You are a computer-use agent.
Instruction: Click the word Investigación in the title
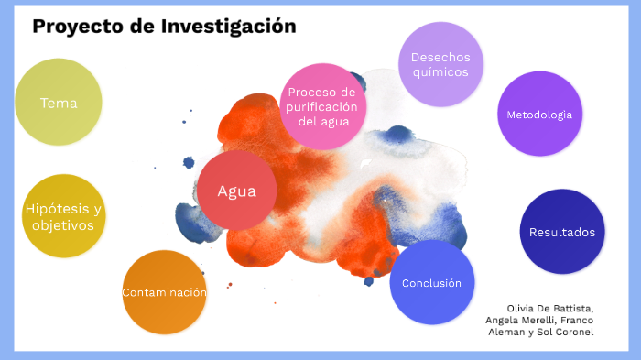point(228,27)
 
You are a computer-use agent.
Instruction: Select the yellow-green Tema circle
point(59,103)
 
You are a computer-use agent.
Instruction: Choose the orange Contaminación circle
point(165,292)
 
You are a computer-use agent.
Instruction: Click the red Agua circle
point(236,191)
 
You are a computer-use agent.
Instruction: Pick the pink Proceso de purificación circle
point(321,107)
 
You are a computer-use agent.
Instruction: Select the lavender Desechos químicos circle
point(440,64)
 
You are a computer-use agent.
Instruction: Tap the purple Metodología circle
point(540,115)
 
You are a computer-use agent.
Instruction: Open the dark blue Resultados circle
point(562,232)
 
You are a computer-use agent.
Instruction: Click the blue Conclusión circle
point(432,282)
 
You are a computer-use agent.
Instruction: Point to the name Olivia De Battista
point(549,308)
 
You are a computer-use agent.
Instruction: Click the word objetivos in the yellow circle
point(62,225)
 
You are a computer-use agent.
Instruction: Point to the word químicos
point(440,72)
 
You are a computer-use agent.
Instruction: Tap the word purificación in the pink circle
point(321,107)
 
